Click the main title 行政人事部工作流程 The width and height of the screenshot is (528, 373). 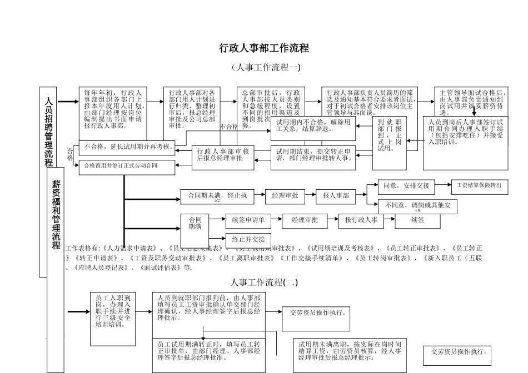(x=264, y=48)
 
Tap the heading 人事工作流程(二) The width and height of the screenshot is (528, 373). (x=264, y=282)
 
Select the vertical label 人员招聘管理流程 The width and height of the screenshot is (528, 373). (x=49, y=132)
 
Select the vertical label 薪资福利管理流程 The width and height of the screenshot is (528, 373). (x=56, y=214)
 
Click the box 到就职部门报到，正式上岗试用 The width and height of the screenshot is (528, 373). (x=390, y=135)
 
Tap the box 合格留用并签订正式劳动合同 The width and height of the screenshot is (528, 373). (x=127, y=165)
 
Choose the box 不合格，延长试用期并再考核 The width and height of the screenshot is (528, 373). (x=127, y=148)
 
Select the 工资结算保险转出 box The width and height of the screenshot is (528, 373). (x=479, y=185)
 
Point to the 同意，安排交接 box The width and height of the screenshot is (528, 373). (x=406, y=185)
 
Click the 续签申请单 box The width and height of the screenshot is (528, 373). (x=248, y=220)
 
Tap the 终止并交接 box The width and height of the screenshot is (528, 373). (x=248, y=239)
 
